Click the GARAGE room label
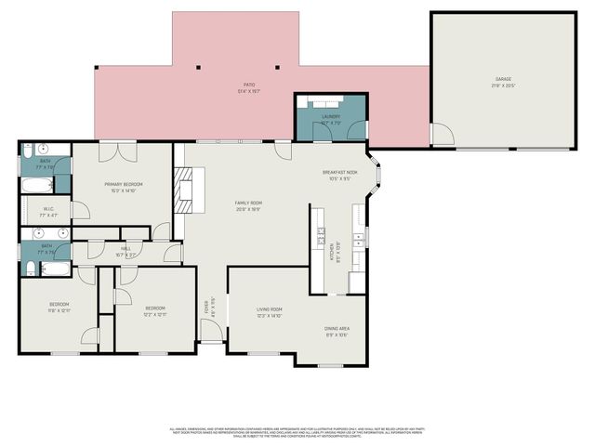tap(503, 81)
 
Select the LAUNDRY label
tap(331, 118)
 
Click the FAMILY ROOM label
tap(248, 205)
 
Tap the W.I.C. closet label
tap(48, 212)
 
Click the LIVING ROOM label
tap(270, 312)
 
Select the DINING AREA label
tap(337, 331)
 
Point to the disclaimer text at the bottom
tap(297, 432)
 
